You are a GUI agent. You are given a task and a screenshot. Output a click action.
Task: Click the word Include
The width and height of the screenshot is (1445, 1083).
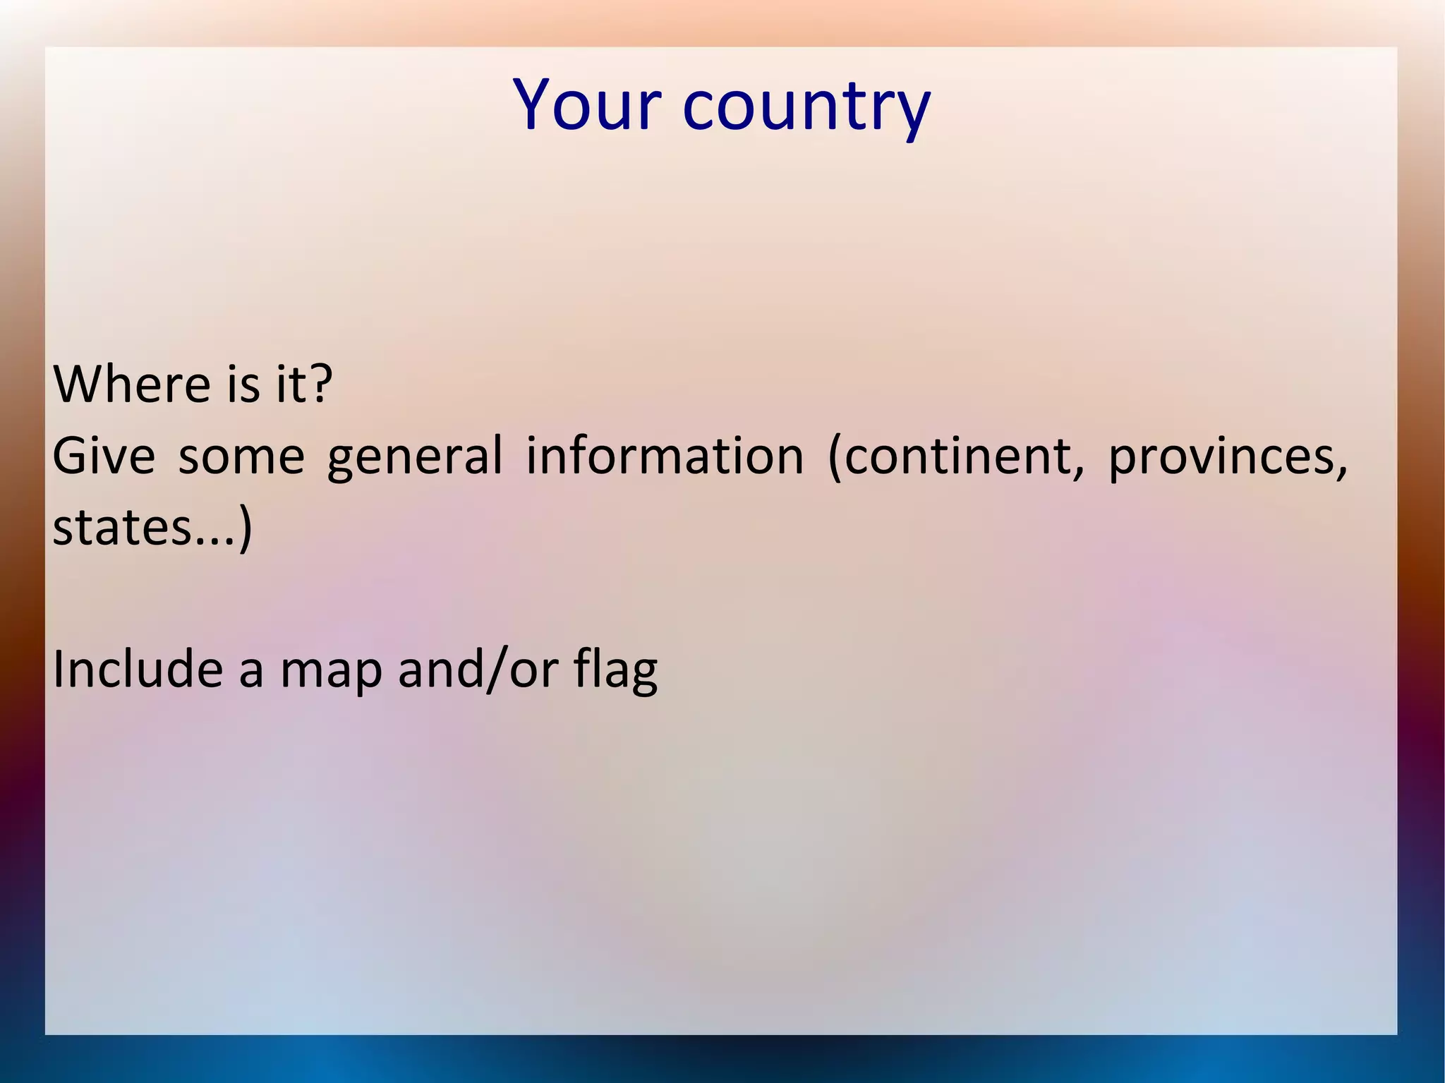[x=138, y=669]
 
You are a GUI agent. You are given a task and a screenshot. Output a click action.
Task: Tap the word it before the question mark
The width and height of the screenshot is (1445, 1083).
[x=289, y=385]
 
